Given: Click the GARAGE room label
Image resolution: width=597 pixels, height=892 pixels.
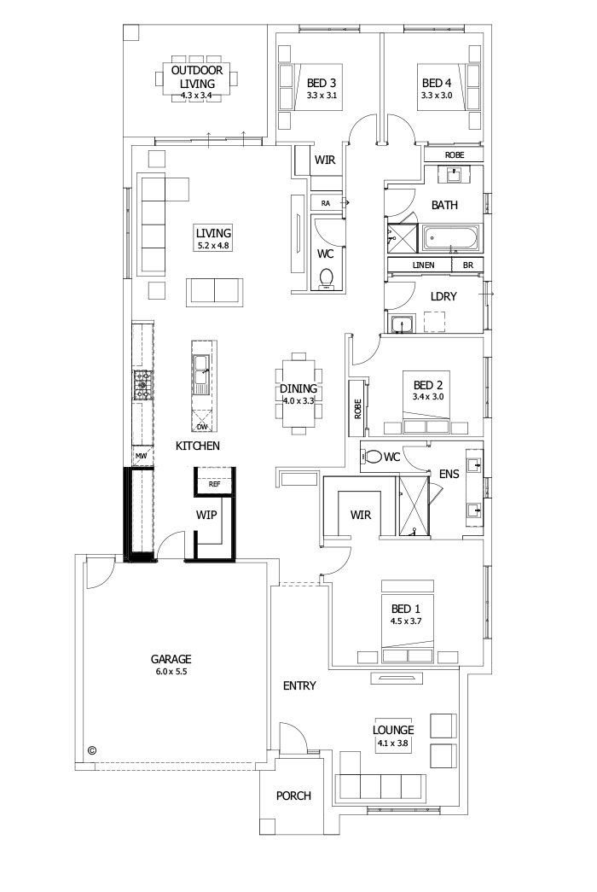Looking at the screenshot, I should pos(171,659).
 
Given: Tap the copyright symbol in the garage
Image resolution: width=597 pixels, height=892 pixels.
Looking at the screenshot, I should pos(92,750).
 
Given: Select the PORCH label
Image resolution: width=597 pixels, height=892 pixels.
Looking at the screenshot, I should pos(293,796).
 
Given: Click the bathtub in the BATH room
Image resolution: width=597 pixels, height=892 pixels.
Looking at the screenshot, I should pos(452,236).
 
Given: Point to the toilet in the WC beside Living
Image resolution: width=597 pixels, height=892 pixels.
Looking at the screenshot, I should pos(325,279).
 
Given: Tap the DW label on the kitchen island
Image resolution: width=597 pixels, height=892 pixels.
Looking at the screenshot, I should pos(202,426).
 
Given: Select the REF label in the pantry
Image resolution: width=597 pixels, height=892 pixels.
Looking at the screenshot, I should pos(214,484).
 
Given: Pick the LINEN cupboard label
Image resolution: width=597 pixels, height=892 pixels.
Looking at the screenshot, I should pos(424,265).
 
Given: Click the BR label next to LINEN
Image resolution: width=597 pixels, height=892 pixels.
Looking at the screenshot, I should pos(467,265).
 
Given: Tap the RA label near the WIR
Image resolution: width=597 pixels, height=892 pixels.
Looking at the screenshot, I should pos(326,203).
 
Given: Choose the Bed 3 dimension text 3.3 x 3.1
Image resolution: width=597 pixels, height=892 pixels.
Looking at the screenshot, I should pos(322,96).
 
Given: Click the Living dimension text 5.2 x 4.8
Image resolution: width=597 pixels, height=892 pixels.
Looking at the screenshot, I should pos(213,245).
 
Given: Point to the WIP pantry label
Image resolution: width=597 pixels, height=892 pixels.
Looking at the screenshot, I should pos(206,515).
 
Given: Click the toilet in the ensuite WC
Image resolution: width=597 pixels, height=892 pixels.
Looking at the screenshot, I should pos(373,457).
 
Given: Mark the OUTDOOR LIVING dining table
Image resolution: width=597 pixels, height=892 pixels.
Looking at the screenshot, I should pos(196,79).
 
